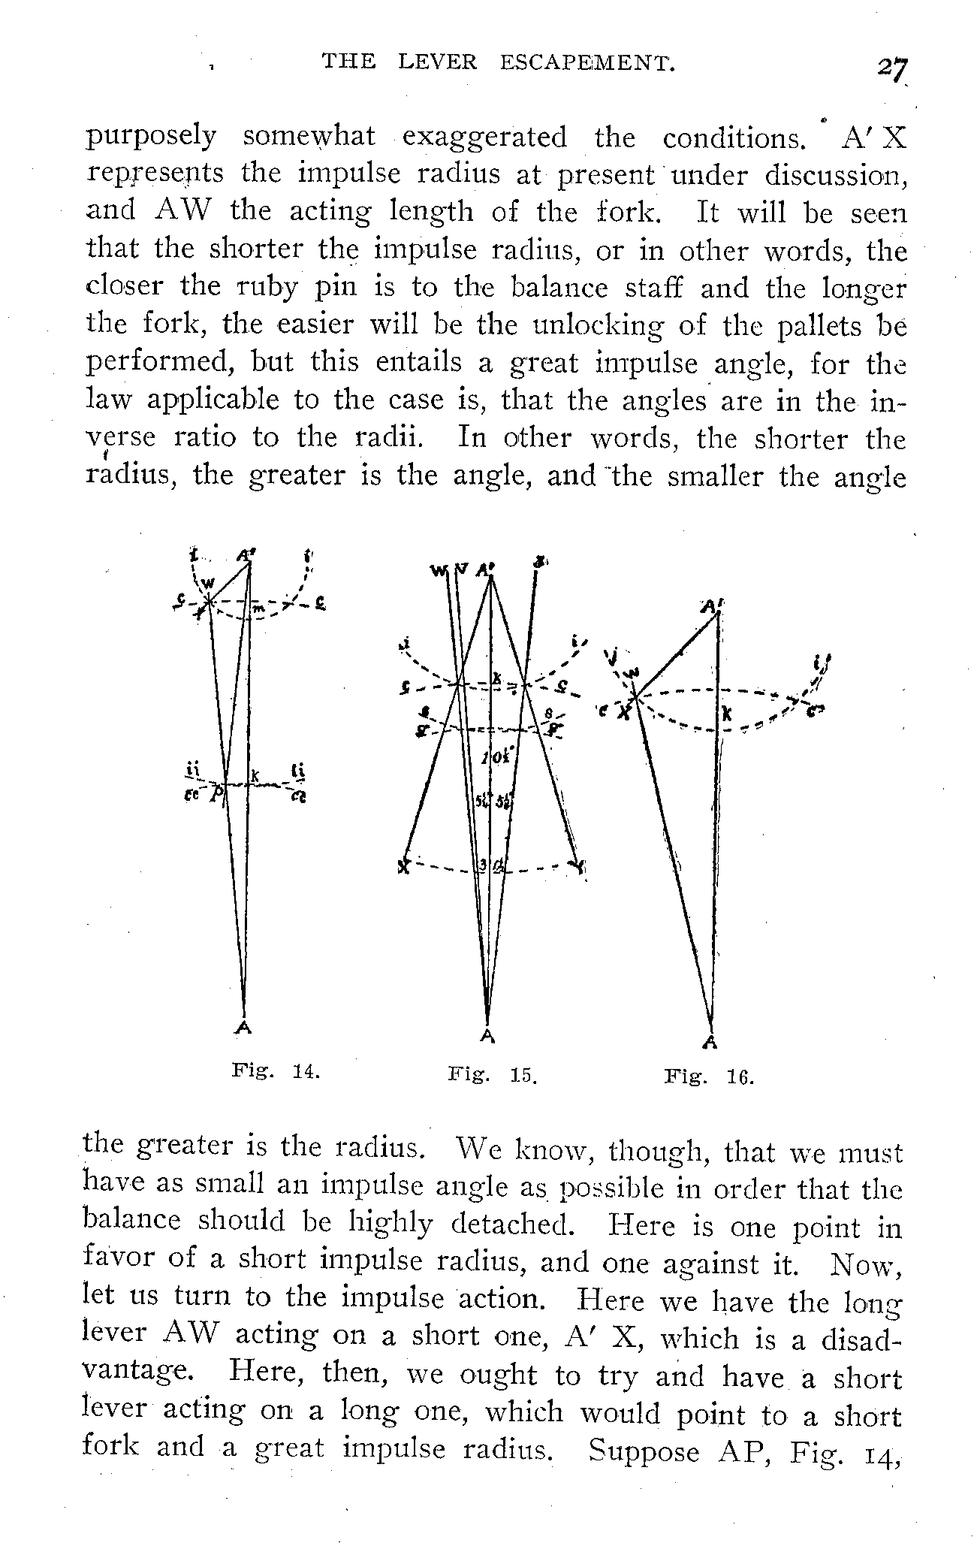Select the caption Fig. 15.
[493, 1075]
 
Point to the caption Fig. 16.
[708, 1078]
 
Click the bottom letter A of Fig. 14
[243, 1029]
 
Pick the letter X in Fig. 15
[404, 866]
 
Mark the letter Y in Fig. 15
[578, 866]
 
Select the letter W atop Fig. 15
[438, 571]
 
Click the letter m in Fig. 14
[257, 607]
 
